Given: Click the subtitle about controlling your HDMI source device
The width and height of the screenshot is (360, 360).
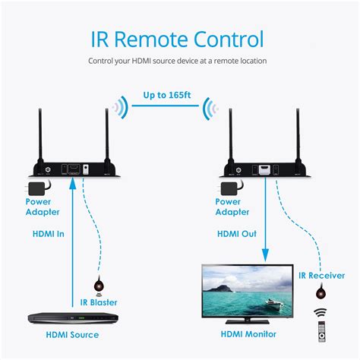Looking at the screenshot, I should [180, 61].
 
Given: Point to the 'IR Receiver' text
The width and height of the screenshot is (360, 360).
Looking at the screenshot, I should [321, 275].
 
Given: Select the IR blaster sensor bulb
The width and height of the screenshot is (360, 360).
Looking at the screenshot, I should [97, 286].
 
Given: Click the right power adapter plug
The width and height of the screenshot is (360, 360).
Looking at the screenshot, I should [229, 187].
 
